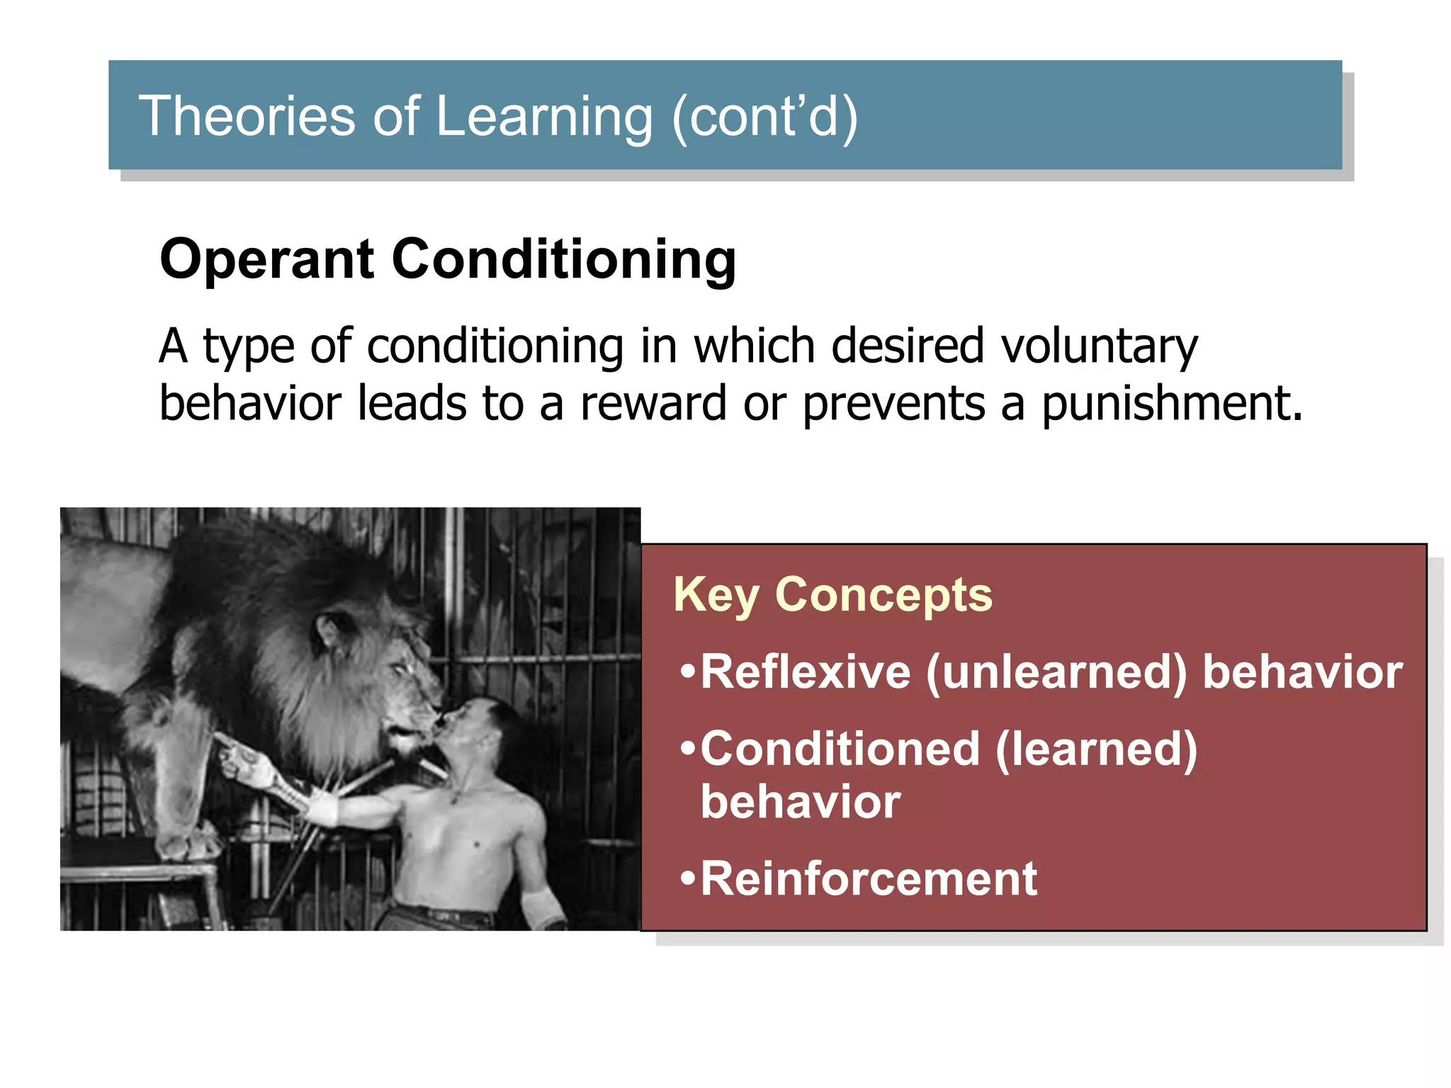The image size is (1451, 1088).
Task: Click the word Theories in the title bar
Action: [246, 116]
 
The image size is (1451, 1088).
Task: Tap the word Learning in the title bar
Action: [543, 118]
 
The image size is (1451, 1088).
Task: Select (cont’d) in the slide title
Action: [764, 118]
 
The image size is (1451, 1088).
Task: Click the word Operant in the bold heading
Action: [266, 261]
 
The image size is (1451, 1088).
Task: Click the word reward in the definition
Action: [653, 404]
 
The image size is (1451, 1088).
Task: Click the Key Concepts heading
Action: [832, 594]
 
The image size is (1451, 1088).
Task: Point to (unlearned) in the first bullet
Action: [1056, 672]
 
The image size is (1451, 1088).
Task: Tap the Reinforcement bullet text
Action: [868, 879]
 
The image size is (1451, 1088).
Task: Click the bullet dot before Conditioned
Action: [687, 749]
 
